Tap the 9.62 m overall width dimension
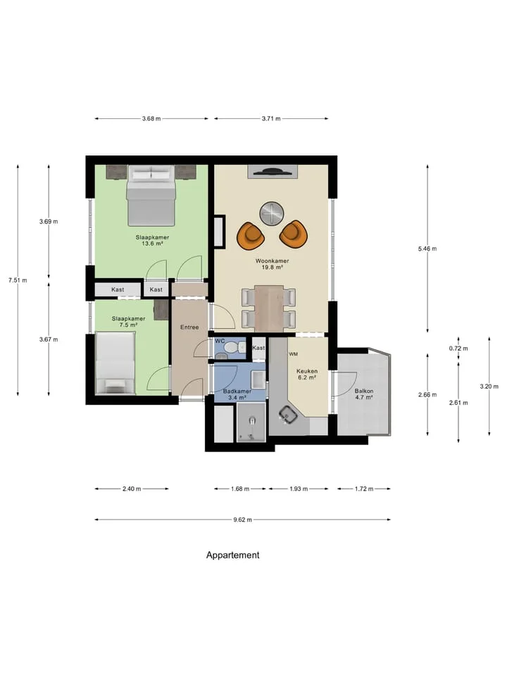click(243, 520)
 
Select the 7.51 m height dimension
click(18, 280)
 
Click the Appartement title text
click(233, 555)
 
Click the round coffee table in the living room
click(272, 213)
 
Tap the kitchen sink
click(287, 414)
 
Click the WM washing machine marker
click(294, 354)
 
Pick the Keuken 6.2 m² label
click(307, 374)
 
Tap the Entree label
click(189, 327)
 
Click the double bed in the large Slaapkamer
click(151, 195)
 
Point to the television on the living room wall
click(272, 171)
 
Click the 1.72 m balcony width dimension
click(364, 489)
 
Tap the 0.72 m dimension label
click(458, 349)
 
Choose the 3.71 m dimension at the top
click(271, 118)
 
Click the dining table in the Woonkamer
click(269, 308)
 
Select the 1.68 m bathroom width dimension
click(240, 489)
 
